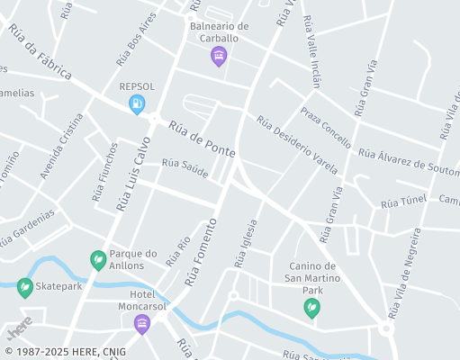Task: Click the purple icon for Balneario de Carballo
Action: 218,58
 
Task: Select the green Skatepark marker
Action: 24,287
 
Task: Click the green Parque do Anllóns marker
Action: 98,260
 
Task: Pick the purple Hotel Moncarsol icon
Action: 141,324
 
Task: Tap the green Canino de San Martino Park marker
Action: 311,308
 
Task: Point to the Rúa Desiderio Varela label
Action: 296,144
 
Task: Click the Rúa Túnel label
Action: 402,202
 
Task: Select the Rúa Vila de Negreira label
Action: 403,273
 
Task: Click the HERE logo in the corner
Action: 19,327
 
